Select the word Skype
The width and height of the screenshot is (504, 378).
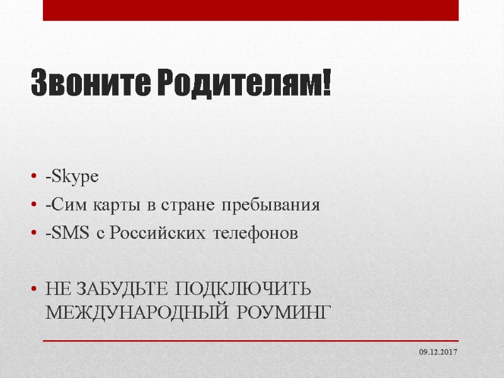74,178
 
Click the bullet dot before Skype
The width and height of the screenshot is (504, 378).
33,178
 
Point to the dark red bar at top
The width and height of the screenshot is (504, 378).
251,10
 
